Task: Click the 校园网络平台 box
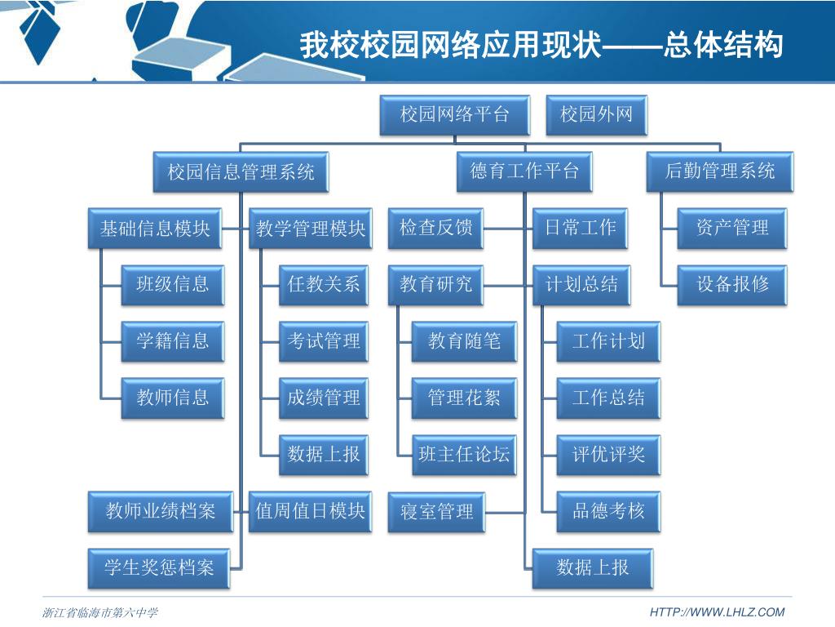point(454,114)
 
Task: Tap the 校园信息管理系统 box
point(241,171)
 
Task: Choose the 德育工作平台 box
point(524,171)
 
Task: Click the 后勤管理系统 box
point(719,171)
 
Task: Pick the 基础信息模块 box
point(155,229)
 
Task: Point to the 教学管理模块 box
point(311,229)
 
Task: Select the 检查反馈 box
point(436,228)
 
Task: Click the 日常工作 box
point(581,228)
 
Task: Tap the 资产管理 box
point(732,228)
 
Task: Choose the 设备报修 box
point(732,285)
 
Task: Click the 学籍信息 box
point(173,341)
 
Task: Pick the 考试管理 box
point(324,341)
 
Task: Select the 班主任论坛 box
point(464,455)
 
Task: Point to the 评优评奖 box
point(608,455)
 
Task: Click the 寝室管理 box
point(436,512)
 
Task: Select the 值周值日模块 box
point(311,512)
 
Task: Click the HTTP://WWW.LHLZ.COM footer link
point(717,612)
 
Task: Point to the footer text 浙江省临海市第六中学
point(99,612)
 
